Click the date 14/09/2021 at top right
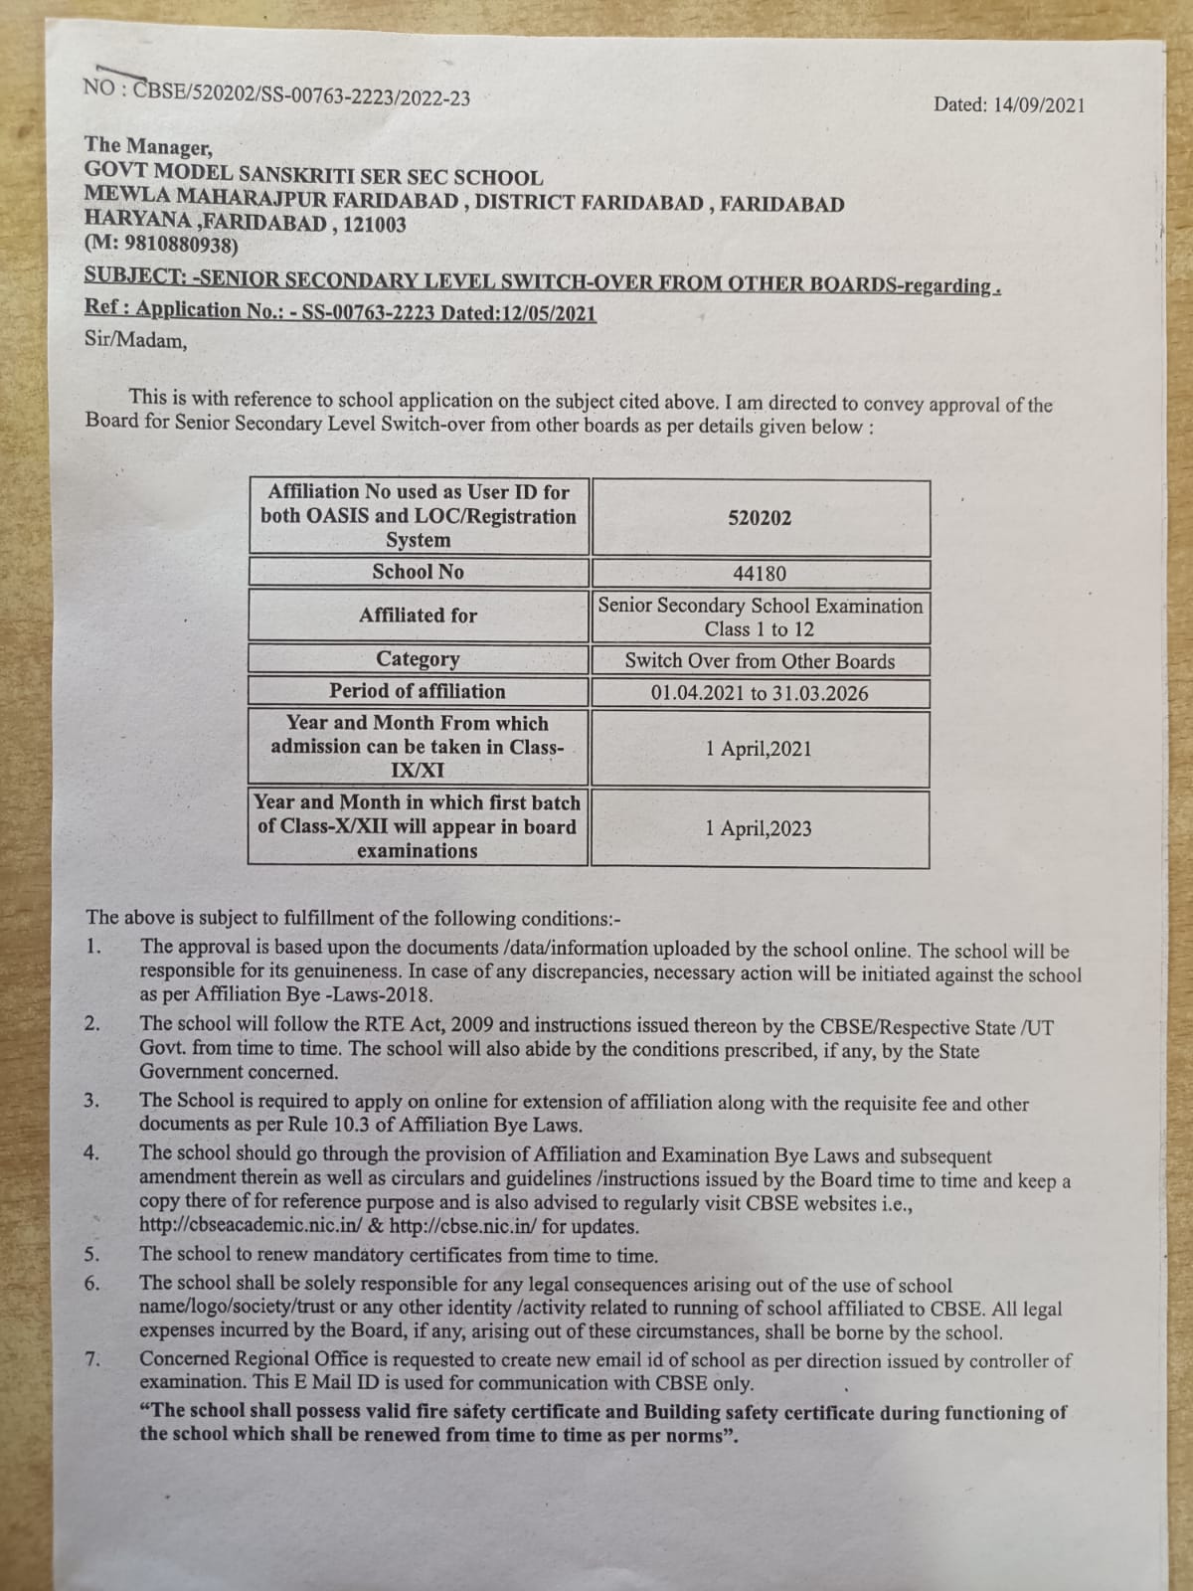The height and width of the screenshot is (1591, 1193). click(x=1039, y=104)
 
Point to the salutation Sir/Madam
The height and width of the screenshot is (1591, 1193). click(x=136, y=341)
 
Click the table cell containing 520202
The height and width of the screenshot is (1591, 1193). click(x=760, y=518)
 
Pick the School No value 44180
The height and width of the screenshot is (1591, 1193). click(x=760, y=574)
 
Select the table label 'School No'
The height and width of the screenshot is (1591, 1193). click(x=418, y=572)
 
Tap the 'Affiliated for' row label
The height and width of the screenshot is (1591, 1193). click(x=418, y=616)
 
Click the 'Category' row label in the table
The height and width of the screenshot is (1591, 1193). click(x=418, y=659)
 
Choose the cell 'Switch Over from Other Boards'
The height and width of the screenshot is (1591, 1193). click(x=760, y=661)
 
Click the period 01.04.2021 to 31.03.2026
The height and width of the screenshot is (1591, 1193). click(x=760, y=693)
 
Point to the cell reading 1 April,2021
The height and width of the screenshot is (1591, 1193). click(x=759, y=749)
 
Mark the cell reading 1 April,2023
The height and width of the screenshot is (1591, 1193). click(x=759, y=828)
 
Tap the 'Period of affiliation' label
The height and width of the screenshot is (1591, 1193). click(x=418, y=691)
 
